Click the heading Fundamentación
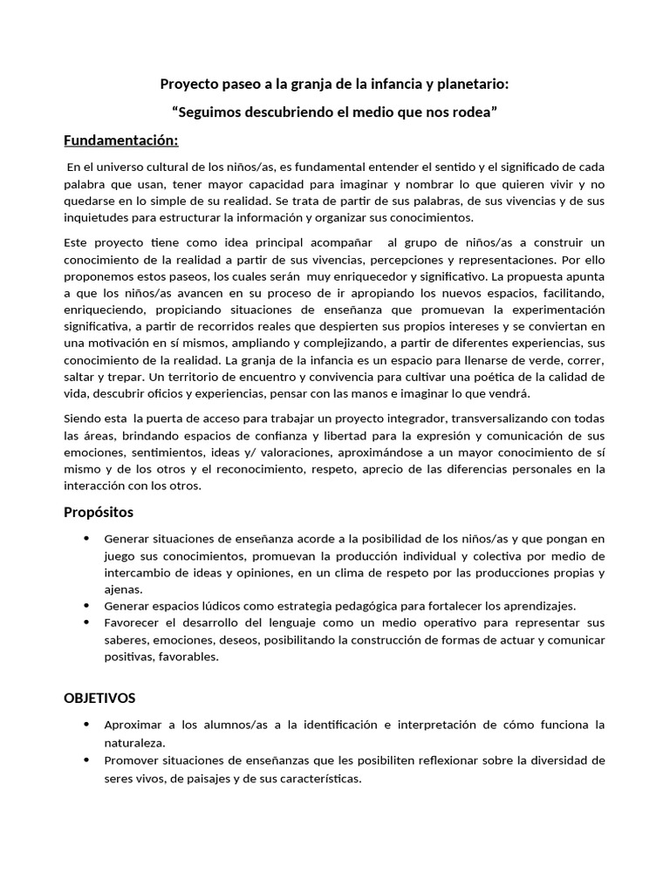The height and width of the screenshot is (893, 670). [121, 141]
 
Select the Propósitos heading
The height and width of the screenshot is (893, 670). [99, 512]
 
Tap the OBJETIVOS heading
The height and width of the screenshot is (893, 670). [99, 698]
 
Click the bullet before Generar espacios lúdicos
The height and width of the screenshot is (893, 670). [86, 604]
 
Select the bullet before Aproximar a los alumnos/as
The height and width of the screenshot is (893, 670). [86, 724]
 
